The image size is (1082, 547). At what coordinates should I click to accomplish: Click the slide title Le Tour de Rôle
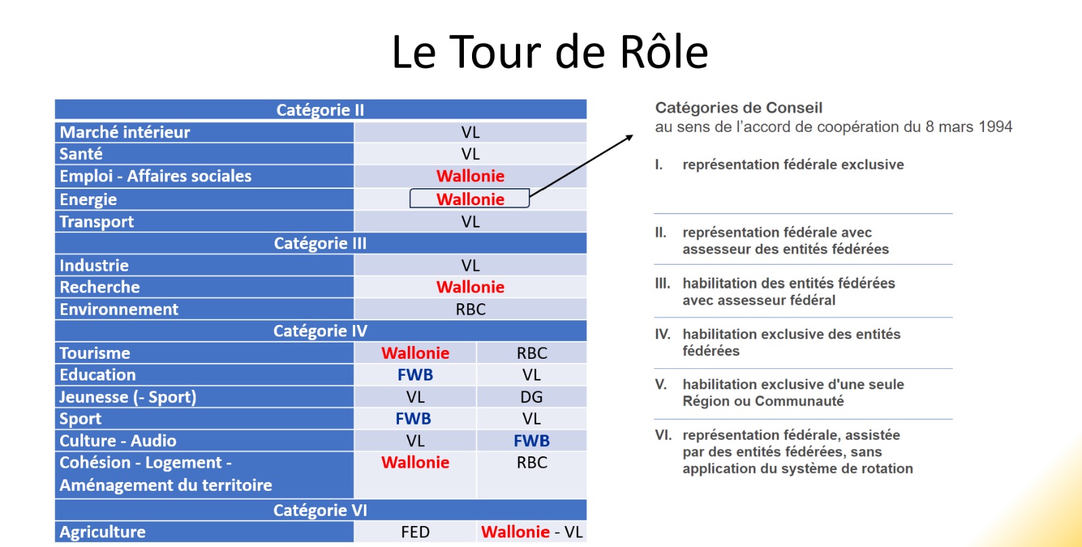click(x=550, y=51)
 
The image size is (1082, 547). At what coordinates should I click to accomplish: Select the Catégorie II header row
click(x=321, y=110)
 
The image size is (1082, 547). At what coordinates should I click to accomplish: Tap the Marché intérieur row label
click(x=124, y=132)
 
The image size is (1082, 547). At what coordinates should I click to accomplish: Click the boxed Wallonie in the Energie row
click(x=469, y=199)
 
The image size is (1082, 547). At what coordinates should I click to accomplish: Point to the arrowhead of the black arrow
click(x=630, y=137)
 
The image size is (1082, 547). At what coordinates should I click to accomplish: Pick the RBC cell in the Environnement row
click(x=471, y=309)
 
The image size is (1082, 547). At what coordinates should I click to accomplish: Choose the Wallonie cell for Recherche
click(x=470, y=287)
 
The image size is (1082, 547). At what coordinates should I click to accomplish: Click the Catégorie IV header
click(x=321, y=331)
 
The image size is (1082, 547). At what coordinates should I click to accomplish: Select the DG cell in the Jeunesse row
click(x=532, y=397)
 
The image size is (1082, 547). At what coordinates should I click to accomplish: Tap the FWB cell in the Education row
click(x=415, y=375)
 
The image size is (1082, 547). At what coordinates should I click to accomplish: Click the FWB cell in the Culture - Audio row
click(x=532, y=441)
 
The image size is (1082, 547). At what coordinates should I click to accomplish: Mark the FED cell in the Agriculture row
click(x=415, y=532)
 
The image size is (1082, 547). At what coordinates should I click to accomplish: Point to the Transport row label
click(x=97, y=221)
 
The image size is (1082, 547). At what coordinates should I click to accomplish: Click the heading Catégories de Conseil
click(x=738, y=108)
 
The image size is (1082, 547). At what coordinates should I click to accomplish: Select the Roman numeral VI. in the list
click(x=663, y=435)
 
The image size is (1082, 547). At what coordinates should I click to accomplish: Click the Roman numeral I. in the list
click(x=659, y=165)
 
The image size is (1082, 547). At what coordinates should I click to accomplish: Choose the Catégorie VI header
click(x=321, y=510)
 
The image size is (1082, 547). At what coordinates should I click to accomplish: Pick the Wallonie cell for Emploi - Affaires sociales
click(x=470, y=176)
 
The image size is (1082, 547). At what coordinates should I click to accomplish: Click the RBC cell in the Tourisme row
click(x=532, y=353)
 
